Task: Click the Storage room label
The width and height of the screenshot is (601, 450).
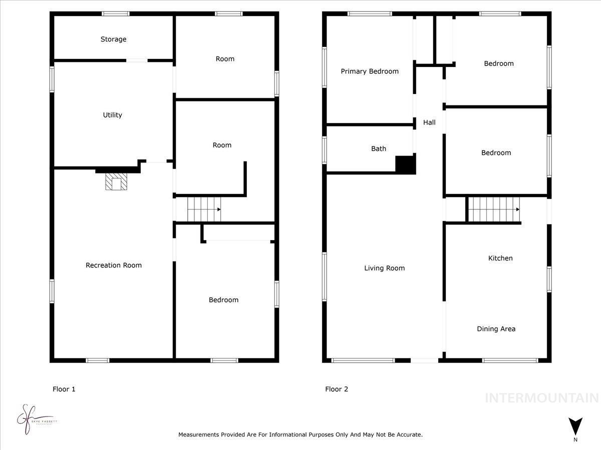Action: [x=113, y=39]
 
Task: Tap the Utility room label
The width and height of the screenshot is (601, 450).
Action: [x=112, y=115]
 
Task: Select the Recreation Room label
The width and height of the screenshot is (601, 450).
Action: [x=114, y=265]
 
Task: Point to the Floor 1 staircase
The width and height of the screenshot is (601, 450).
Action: [x=204, y=209]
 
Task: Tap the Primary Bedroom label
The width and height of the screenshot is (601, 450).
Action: [x=370, y=71]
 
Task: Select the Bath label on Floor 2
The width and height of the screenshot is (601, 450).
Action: [x=379, y=148]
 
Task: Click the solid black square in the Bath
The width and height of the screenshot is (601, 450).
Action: [x=406, y=164]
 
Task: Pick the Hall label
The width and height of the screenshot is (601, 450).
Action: [x=429, y=122]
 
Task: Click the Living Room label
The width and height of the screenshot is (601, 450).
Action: [x=384, y=268]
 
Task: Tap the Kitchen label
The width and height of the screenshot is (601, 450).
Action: [x=500, y=258]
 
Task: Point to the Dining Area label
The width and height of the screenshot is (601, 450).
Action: [x=496, y=329]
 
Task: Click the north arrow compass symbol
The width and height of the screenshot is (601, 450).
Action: [x=575, y=426]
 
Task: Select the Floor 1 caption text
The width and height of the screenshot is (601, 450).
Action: [x=64, y=389]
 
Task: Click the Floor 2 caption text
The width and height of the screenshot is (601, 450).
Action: [x=337, y=389]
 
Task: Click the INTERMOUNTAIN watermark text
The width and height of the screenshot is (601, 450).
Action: [x=542, y=398]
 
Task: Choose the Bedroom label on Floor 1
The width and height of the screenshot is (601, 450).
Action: [x=223, y=300]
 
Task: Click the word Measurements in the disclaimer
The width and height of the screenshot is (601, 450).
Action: [x=199, y=435]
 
